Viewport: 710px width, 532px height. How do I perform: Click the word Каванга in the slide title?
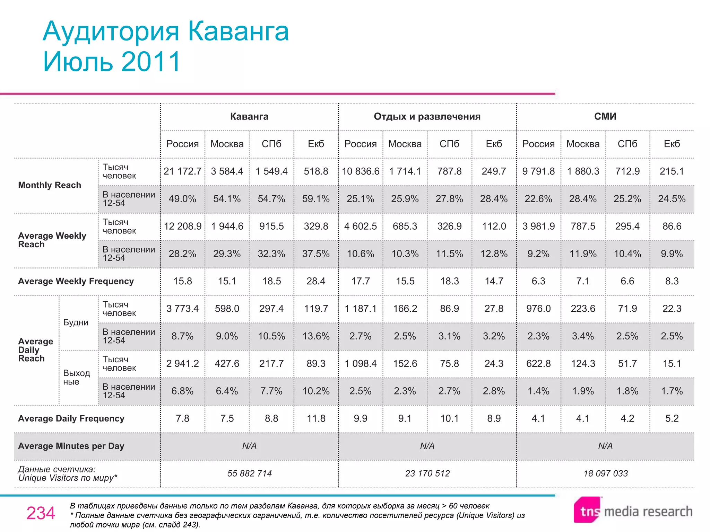coord(238,32)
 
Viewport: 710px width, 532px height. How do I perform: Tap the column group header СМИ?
coord(605,116)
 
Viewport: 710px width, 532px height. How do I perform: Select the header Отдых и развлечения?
coord(427,116)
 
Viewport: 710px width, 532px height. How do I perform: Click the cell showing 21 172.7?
coord(182,171)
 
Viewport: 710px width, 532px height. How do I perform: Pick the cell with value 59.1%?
coord(316,199)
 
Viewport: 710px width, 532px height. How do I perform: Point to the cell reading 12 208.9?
coord(182,226)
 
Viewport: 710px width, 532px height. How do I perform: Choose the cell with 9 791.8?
coord(538,171)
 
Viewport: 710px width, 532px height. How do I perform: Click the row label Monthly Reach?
coord(50,185)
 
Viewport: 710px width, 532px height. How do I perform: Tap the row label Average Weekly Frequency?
coord(76,281)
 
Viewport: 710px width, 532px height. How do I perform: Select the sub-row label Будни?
coord(76,322)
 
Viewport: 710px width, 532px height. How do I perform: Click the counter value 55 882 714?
coord(249,473)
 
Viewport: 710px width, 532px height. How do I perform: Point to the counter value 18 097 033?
coord(605,473)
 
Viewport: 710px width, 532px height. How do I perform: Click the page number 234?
coord(41,513)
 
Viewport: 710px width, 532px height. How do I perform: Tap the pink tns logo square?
coord(587,510)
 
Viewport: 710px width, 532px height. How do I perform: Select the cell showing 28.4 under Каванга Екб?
coord(316,281)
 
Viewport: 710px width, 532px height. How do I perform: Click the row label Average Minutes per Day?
coord(71,446)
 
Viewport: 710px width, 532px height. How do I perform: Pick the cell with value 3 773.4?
coord(182,309)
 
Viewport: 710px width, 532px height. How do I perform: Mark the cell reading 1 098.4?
coord(361,364)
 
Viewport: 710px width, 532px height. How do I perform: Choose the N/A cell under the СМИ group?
coord(605,446)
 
